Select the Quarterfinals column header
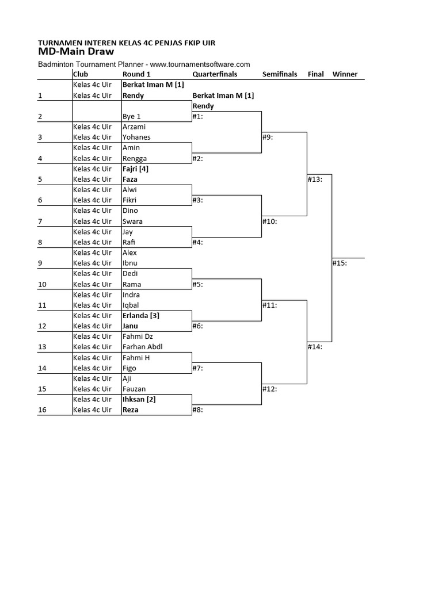(215, 74)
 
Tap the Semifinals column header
(280, 74)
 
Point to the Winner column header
(345, 74)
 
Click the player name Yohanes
(136, 137)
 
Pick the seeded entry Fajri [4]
(136, 169)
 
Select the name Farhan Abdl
(143, 347)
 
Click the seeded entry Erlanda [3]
(141, 316)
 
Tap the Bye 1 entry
(132, 116)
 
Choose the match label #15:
(340, 263)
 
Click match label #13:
(315, 179)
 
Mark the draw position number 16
(42, 410)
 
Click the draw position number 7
(40, 221)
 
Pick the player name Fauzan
(134, 389)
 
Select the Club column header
(80, 74)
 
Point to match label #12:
(269, 389)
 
